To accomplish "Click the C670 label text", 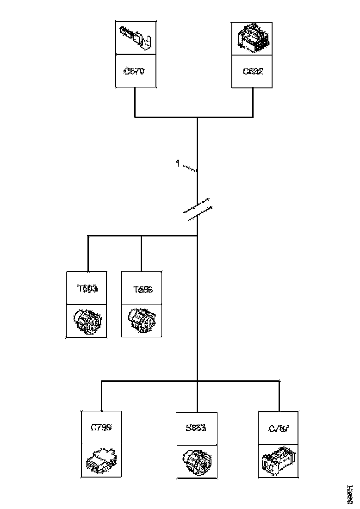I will [135, 71].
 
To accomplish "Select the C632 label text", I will [252, 71].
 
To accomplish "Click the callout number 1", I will [177, 163].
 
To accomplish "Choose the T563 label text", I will [87, 289].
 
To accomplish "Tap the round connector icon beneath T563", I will [87, 321].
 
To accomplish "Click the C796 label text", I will [101, 428].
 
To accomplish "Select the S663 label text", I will [196, 428].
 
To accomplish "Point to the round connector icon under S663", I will [197, 461].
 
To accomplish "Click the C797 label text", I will [279, 428].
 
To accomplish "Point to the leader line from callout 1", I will [190, 168].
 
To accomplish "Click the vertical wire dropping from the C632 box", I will [253, 102].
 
